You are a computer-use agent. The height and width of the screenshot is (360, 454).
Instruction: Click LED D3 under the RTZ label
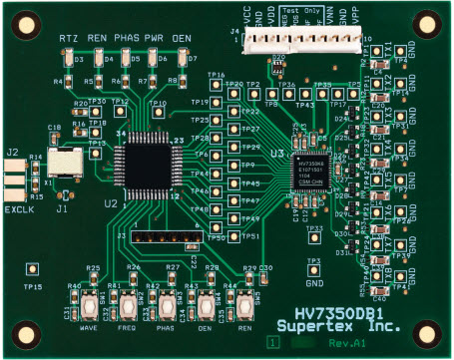(x=70, y=61)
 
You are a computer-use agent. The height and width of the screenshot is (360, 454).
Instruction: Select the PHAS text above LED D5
(x=127, y=37)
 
